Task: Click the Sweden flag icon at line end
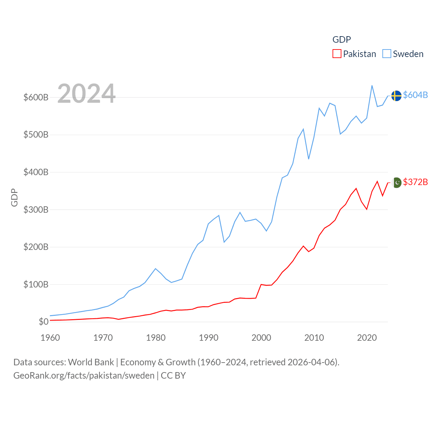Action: coord(396,96)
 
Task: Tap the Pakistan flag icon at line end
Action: coord(397,183)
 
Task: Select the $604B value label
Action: coord(415,95)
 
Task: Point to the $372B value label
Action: coord(415,182)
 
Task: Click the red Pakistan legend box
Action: coord(337,54)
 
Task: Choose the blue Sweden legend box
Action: coord(386,54)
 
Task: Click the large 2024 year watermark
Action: coord(86,94)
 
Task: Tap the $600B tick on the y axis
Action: coord(36,97)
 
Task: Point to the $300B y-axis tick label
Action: coord(36,210)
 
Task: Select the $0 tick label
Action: coord(43,322)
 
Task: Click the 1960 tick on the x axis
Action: coord(50,338)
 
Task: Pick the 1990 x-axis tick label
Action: coord(209,338)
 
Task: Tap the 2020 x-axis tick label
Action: coord(367,338)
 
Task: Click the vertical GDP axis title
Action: coord(14,197)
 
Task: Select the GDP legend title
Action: coord(341,40)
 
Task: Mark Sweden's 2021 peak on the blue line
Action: coord(372,85)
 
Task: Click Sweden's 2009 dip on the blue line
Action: coord(309,159)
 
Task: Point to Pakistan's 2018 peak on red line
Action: coord(356,188)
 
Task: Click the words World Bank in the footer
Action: coord(91,362)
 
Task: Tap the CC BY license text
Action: coord(173,376)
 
